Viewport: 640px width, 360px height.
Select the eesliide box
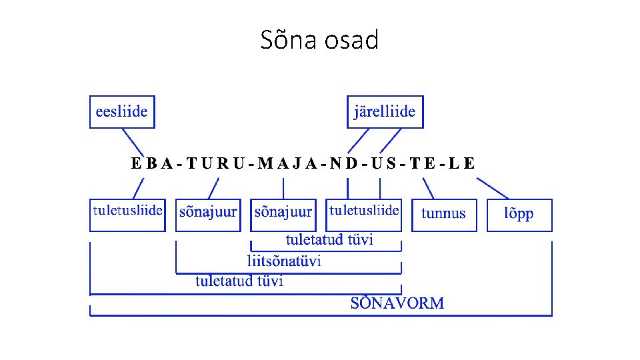tap(122, 111)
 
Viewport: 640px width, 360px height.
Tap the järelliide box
tap(385, 111)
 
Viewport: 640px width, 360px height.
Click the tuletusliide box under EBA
tap(127, 215)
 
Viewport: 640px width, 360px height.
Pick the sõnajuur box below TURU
tap(208, 215)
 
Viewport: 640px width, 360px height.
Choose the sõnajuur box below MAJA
tap(283, 215)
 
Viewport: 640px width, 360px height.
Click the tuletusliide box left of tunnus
tap(364, 215)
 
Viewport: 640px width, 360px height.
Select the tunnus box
tap(444, 215)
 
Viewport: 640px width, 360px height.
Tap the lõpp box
tap(519, 215)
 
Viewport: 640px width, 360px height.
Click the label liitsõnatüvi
tap(284, 260)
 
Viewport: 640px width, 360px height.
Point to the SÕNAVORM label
tap(397, 303)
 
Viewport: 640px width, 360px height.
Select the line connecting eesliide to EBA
tap(133, 141)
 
